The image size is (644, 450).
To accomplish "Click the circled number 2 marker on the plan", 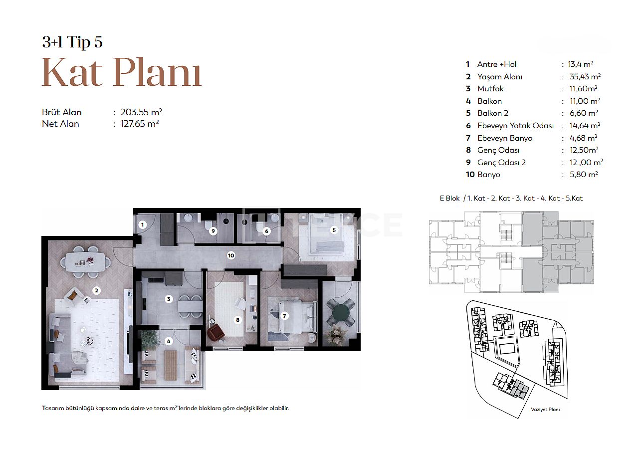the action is point(96,291).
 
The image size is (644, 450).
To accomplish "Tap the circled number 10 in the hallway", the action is point(231,255).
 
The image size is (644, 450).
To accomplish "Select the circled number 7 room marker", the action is point(284,316).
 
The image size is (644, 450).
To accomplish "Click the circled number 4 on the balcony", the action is point(169,341).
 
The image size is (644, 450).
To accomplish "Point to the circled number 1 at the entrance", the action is point(142,225).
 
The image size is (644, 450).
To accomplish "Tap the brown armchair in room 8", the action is point(216,332).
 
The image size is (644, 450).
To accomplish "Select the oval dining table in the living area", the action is point(85,261).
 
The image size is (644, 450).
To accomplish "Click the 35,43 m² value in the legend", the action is point(585,77).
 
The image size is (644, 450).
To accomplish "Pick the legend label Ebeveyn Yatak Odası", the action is point(515,126).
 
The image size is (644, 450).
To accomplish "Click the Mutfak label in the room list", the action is point(490,89).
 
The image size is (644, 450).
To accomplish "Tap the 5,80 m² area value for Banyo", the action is point(584,175).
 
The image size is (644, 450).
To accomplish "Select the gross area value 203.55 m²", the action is point(141,112).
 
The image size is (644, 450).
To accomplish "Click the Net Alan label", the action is point(60,124).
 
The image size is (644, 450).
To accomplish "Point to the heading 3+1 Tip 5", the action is point(72,42).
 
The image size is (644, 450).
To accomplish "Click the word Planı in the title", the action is point(157,72).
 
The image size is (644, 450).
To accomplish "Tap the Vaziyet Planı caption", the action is point(545,410).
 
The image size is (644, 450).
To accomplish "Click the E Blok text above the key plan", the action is point(449,199).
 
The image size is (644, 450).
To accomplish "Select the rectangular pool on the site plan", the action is point(508,349).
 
